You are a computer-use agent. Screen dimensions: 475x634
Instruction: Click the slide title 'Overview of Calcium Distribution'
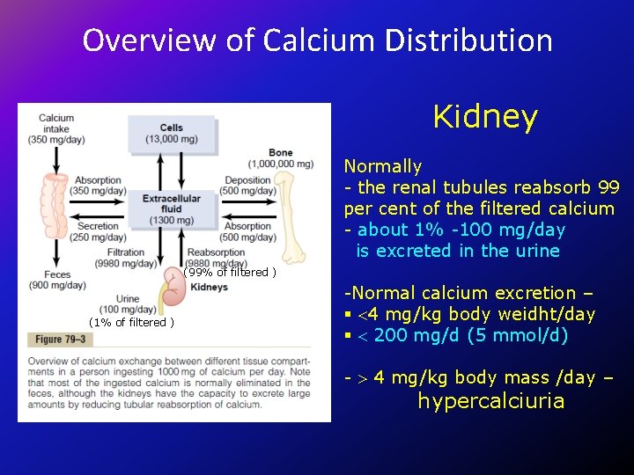point(317,40)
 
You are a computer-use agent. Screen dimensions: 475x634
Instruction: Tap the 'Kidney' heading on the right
point(485,117)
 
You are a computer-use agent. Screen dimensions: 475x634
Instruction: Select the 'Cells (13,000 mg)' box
point(172,134)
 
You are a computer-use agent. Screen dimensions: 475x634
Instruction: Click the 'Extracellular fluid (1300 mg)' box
point(172,208)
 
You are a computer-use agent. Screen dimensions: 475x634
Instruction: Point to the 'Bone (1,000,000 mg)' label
point(280,158)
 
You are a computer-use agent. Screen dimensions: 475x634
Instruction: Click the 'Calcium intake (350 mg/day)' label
point(56,128)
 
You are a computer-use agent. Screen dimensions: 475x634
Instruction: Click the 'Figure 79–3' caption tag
point(61,340)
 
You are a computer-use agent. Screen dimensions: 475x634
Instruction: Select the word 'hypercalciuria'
point(490,401)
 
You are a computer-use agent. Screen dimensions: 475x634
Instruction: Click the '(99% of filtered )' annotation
point(231,272)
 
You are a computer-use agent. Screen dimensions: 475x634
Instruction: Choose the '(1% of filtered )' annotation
point(131,322)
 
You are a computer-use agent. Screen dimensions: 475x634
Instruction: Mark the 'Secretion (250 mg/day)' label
point(98,231)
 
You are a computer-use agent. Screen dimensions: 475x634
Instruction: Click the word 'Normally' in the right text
point(383,166)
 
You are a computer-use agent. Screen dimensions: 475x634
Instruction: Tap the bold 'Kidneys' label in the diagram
point(209,287)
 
